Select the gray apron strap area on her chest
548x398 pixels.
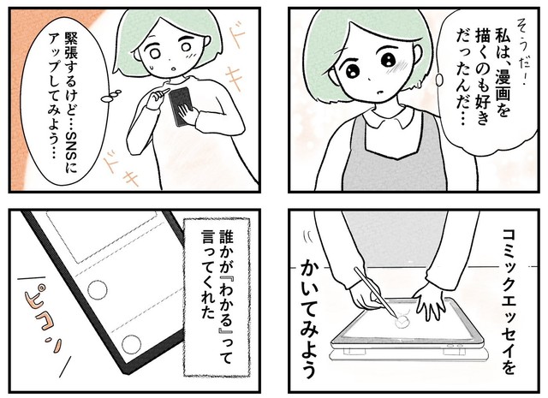pyautogui.click(x=377, y=163)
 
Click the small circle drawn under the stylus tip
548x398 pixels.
pyautogui.click(x=399, y=323)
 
